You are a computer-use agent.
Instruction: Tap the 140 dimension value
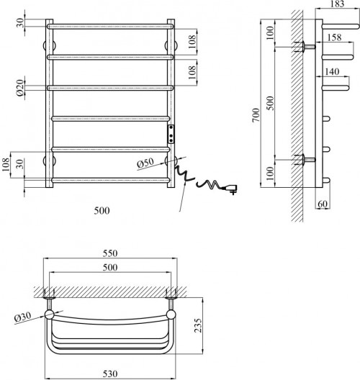click(x=332, y=72)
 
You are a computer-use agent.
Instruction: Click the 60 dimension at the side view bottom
click(x=323, y=204)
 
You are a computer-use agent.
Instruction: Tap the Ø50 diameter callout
click(x=147, y=162)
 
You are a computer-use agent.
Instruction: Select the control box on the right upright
click(x=171, y=133)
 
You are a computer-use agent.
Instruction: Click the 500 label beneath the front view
click(x=102, y=212)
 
